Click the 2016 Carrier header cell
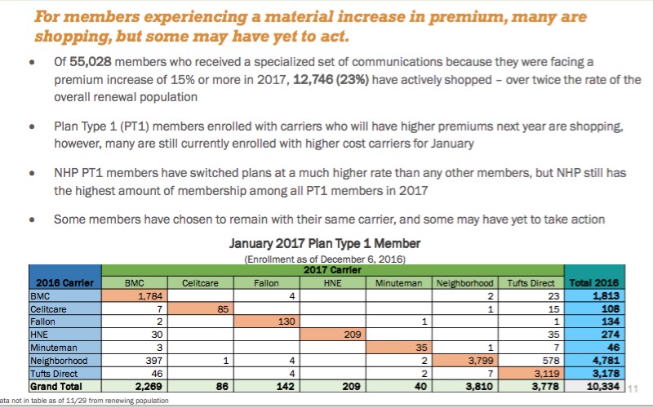pos(65,282)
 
